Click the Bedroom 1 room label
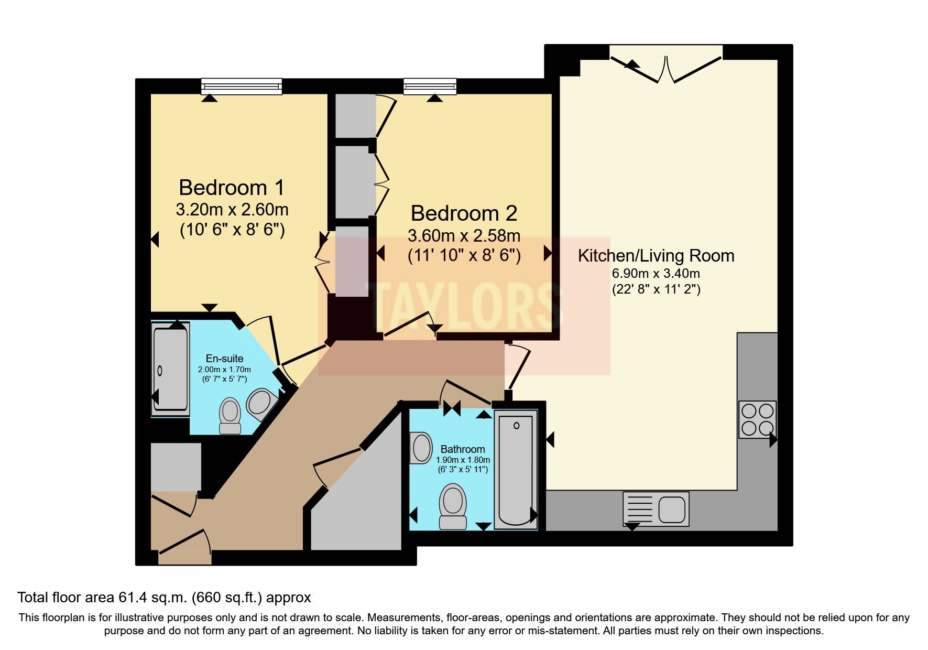pos(232,187)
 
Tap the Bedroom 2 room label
pos(464,213)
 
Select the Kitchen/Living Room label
pos(656,256)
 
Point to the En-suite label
pos(224,359)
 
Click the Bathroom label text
pos(463,449)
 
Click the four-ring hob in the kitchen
pos(758,419)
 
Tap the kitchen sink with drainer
pos(656,509)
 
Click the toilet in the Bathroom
pos(453,506)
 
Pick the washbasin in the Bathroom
pos(420,448)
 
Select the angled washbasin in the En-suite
pos(261,404)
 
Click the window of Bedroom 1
pos(242,86)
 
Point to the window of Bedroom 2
pos(430,86)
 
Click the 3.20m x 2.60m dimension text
pos(232,210)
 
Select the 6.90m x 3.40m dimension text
pos(656,273)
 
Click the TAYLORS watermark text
pos(464,306)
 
